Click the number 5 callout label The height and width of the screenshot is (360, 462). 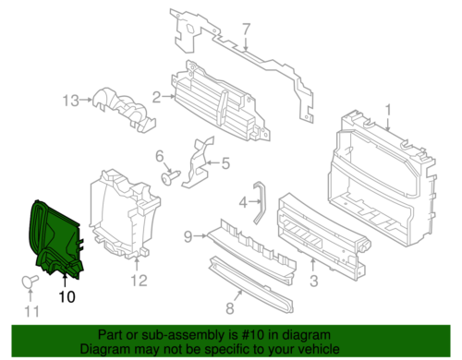[x=225, y=166]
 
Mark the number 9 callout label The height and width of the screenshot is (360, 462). [x=187, y=237]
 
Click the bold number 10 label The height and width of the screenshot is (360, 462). [x=66, y=296]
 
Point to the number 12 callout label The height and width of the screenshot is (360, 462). [x=138, y=281]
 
